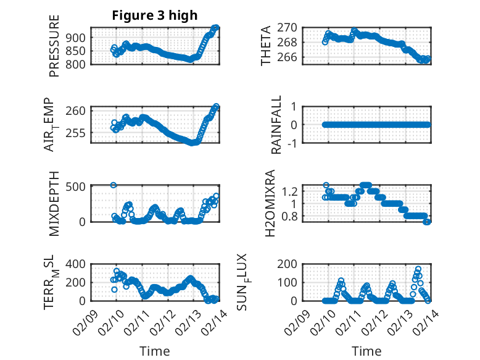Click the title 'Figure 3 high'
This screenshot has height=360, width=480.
[x=154, y=15]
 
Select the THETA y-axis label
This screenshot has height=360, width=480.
[x=266, y=46]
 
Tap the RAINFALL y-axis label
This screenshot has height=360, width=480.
[x=277, y=125]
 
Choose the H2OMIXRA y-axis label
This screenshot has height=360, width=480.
[x=270, y=203]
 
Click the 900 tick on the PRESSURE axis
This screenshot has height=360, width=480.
[x=78, y=37]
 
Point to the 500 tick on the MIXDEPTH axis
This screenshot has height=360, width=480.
[x=78, y=185]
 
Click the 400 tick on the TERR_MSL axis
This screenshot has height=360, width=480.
[x=78, y=264]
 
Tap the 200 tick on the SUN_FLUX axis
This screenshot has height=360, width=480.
[x=291, y=264]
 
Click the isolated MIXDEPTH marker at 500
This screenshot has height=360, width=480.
[x=114, y=185]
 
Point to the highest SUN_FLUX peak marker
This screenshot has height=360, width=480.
[x=418, y=269]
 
